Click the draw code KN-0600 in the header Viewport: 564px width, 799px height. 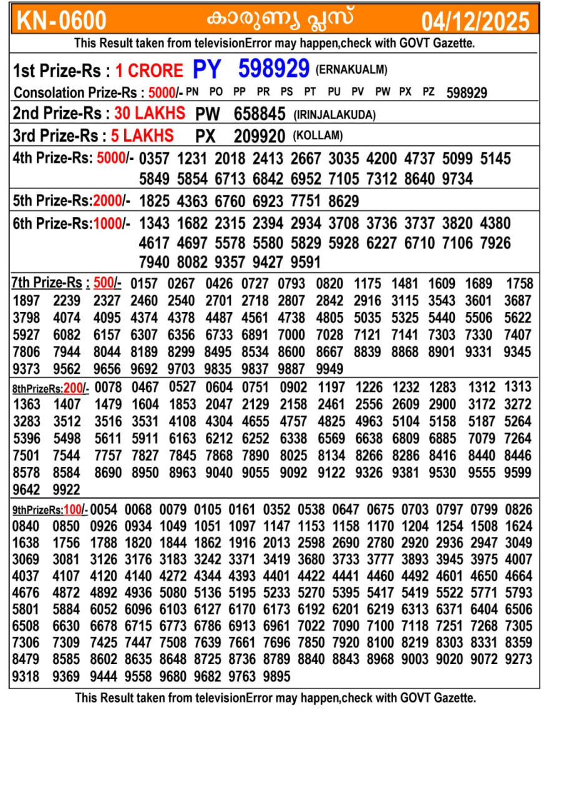(x=61, y=21)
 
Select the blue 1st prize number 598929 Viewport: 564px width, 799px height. (x=274, y=68)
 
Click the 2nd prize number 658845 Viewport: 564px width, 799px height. (x=260, y=114)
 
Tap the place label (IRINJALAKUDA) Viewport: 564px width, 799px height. (x=334, y=115)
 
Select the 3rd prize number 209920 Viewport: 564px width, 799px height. (x=260, y=136)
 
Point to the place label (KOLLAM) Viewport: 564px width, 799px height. (x=318, y=136)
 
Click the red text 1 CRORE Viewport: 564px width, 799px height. (x=149, y=71)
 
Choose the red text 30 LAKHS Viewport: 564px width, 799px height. (x=150, y=114)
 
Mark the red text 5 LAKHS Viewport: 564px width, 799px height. (x=142, y=135)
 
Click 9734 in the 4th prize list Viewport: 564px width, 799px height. (x=457, y=179)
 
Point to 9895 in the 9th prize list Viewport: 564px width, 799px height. (x=277, y=676)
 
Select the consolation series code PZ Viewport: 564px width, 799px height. (x=429, y=92)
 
